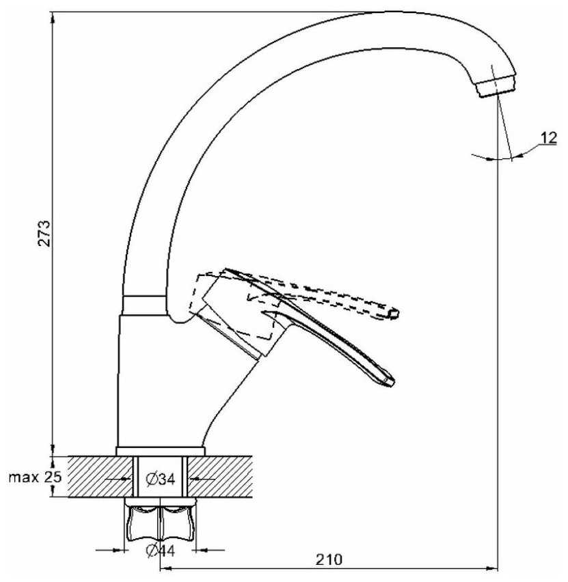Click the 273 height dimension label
point(44,234)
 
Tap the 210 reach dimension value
point(329,559)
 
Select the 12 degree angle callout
point(548,138)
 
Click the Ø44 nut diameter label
point(161,551)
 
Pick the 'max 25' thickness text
point(35,477)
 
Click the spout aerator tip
point(497,87)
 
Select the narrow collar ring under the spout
point(144,305)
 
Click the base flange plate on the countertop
point(161,452)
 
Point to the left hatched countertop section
point(100,477)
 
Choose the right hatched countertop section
point(220,477)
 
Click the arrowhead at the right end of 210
point(492,568)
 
